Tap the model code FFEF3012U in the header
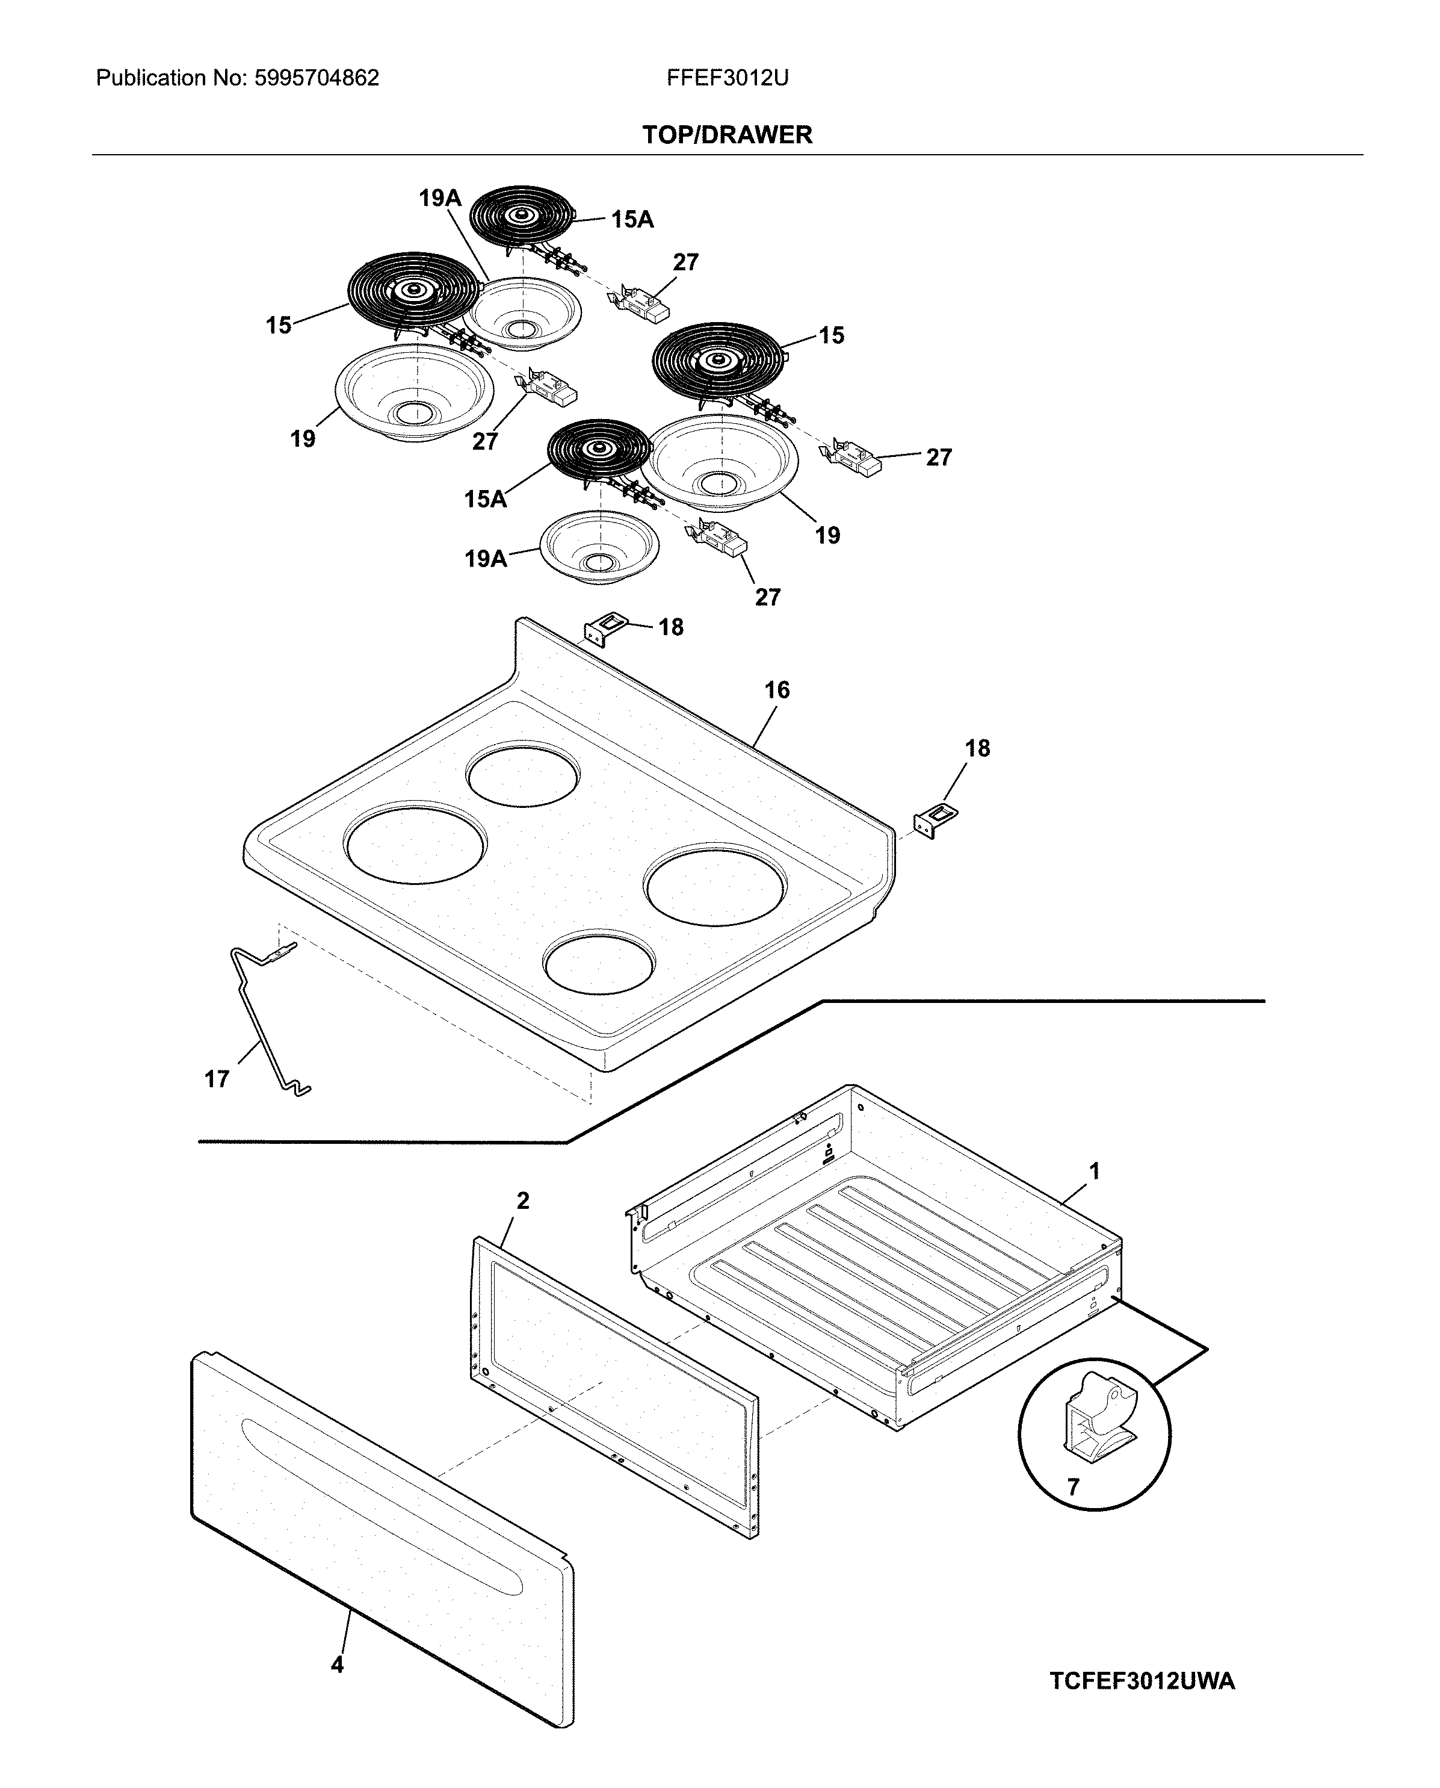(x=727, y=78)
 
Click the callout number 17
(x=217, y=1079)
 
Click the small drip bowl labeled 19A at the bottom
(x=599, y=549)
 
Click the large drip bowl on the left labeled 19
(x=414, y=393)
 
